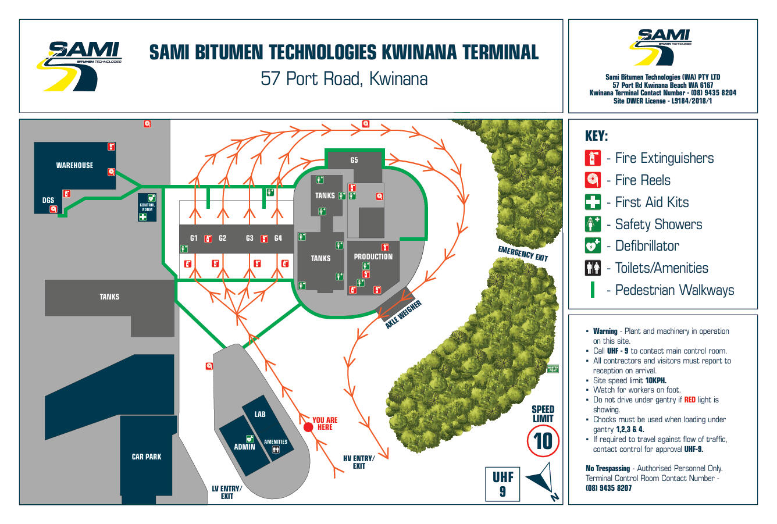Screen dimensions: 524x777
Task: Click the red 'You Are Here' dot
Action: [308, 427]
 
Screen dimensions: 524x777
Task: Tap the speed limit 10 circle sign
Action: [543, 441]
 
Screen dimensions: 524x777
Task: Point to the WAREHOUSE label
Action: [74, 166]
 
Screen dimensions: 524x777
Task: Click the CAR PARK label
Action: [147, 457]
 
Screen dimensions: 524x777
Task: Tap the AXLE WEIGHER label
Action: [403, 315]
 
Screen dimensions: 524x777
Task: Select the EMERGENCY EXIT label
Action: [523, 254]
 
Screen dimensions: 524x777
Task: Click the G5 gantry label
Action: [354, 161]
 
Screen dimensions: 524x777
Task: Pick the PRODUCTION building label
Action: [373, 256]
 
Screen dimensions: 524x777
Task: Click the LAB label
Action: [260, 414]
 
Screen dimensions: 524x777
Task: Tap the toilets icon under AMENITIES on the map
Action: [276, 450]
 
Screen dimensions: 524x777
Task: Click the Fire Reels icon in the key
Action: [593, 180]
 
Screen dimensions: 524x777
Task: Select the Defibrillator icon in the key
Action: [593, 246]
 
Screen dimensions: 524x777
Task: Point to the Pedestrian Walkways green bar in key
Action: [593, 290]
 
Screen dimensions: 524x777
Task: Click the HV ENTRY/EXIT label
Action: [359, 462]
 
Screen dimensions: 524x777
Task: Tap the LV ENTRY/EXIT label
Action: [227, 493]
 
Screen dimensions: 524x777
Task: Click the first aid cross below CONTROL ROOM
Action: [143, 217]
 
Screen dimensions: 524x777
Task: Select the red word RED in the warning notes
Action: [690, 400]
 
